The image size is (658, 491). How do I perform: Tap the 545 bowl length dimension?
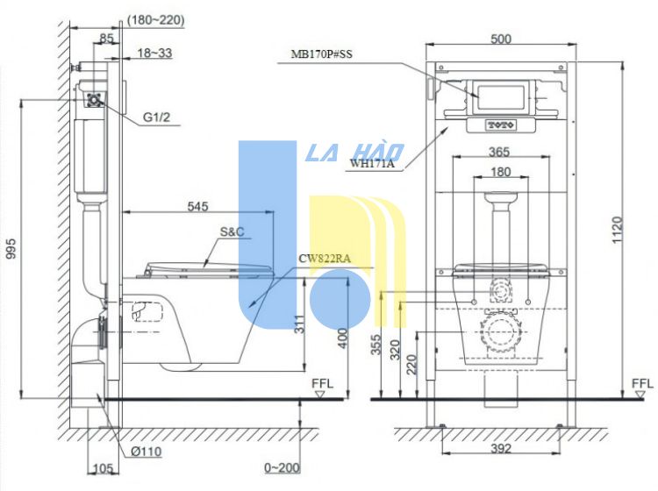[x=197, y=206]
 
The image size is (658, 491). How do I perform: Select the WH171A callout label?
[x=372, y=162]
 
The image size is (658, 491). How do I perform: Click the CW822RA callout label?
[x=325, y=259]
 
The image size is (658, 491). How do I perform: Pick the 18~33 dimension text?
[x=154, y=53]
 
